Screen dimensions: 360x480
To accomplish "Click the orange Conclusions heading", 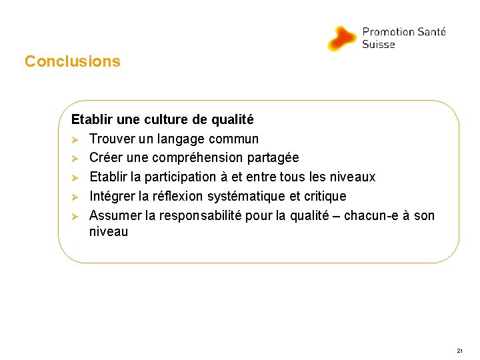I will pos(73,61).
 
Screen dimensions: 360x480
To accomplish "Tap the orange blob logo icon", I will pos(343,38).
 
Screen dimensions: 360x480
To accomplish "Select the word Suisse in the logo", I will pos(378,45).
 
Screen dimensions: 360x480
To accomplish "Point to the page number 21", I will pos(460,350).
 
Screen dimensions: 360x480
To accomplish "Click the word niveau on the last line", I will pos(108,232).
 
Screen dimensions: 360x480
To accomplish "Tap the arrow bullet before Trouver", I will pos(75,140).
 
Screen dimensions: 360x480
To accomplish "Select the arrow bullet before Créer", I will pos(75,159).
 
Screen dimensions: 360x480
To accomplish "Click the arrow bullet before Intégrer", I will pos(75,197).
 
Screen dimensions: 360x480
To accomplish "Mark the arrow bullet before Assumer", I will pos(75,216).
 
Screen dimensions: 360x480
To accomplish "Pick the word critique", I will pos(325,196).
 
